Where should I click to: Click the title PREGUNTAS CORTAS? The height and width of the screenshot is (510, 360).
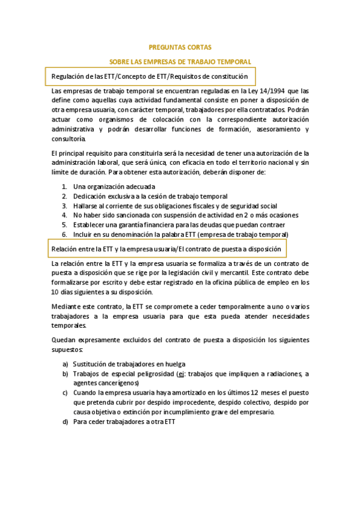180,47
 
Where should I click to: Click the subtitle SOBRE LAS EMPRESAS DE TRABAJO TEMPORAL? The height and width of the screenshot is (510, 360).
180,61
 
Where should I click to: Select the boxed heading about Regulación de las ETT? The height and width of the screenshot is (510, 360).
150,77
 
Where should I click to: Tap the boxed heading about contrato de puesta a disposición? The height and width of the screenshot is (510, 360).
158,248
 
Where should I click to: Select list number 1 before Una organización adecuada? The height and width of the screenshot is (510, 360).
64,186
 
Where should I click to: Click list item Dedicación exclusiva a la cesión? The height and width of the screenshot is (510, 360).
150,196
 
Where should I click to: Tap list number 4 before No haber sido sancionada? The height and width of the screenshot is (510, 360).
64,215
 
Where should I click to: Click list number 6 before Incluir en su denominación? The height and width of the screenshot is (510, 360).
64,234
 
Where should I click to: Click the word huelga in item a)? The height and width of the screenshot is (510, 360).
174,364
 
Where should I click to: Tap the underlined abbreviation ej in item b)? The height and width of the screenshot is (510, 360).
179,373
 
